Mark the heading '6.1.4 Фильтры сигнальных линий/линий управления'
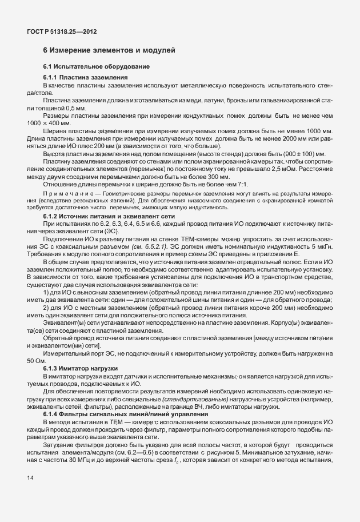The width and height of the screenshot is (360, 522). tap(119, 413)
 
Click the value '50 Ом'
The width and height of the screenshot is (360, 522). tap(36, 360)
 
